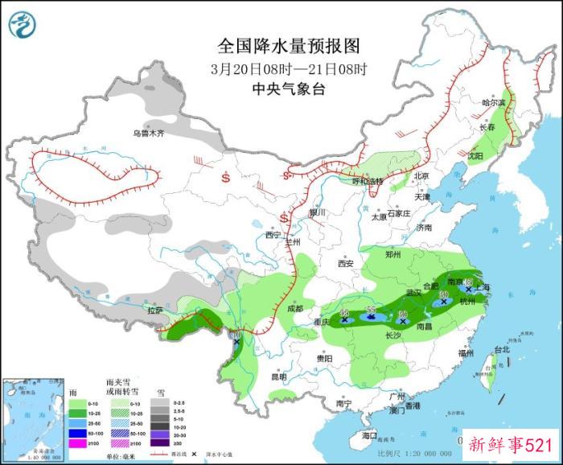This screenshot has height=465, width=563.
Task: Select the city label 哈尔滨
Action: pos(494,103)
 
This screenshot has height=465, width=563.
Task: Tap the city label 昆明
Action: pos(278,377)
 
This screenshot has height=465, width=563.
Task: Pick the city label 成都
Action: pos(294,309)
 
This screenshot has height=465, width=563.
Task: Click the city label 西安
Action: pos(346,263)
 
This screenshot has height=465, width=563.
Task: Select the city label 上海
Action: pos(483,287)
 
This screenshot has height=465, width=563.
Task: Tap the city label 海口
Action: pos(369,435)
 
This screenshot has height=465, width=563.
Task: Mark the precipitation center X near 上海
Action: pos(469,289)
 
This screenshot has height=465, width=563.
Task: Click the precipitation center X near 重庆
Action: pos(344,320)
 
